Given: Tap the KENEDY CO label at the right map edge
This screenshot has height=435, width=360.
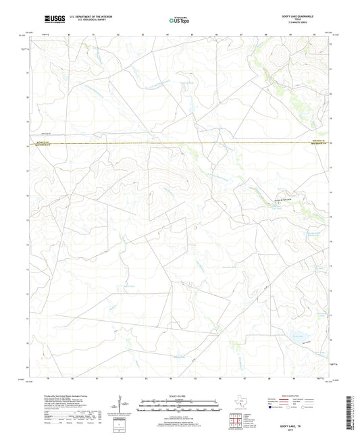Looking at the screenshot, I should coord(326,141).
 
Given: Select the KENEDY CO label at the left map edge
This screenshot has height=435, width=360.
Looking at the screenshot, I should coord(33,142).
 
